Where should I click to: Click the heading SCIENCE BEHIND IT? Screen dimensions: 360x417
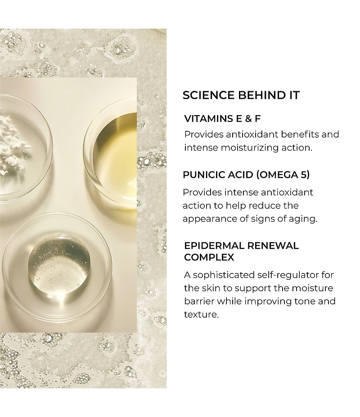click(x=241, y=95)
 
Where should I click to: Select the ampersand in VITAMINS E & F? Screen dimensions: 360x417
click(x=248, y=119)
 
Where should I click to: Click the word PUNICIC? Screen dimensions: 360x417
click(x=205, y=175)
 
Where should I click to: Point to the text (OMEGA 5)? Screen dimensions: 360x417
click(x=283, y=175)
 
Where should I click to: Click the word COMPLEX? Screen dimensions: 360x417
click(x=209, y=257)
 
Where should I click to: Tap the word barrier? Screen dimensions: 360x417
click(x=199, y=301)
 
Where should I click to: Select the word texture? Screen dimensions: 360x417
click(x=201, y=314)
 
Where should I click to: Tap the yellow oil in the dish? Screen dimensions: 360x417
click(x=117, y=157)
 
